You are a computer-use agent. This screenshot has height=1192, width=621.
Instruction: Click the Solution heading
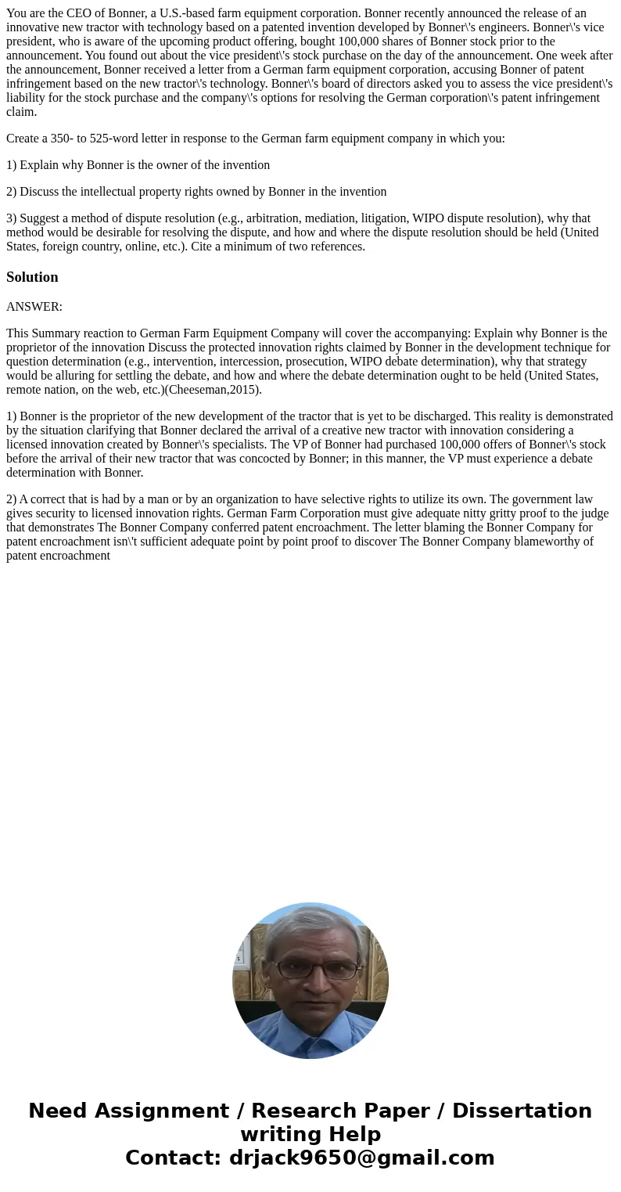pyautogui.click(x=32, y=277)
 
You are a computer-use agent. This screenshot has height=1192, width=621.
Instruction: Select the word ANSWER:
pyautogui.click(x=34, y=307)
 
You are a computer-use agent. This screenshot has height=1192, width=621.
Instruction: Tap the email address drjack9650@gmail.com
pyautogui.click(x=362, y=1158)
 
